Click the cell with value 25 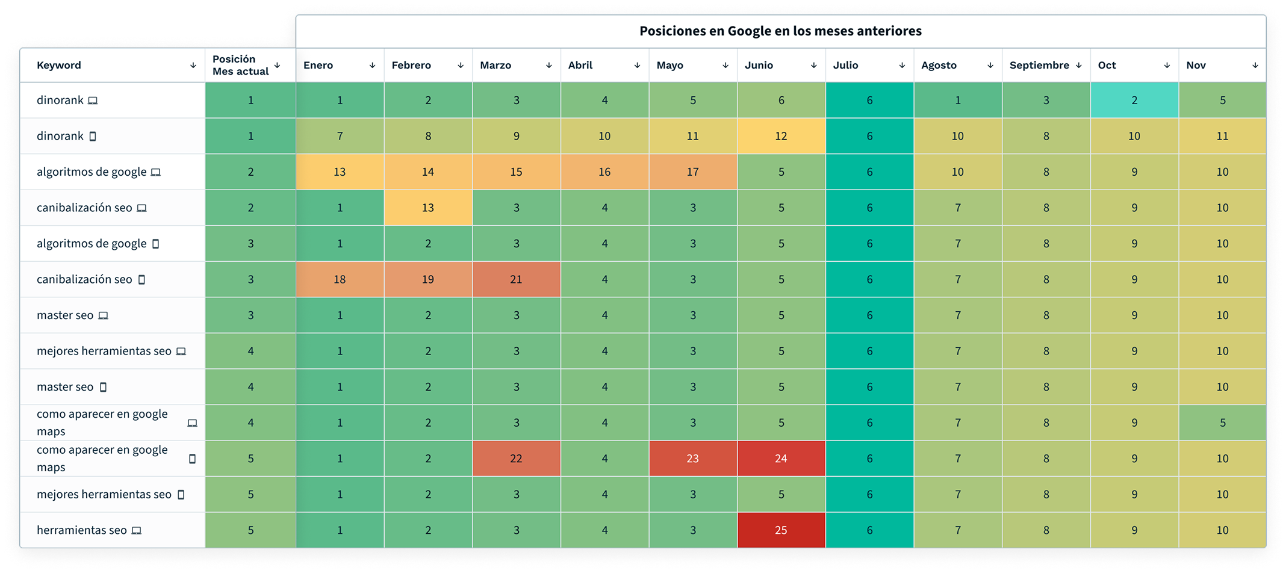click(x=781, y=530)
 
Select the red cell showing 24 click(x=781, y=459)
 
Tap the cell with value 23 click(x=692, y=459)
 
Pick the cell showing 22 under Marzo click(x=516, y=459)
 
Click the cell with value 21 click(x=516, y=279)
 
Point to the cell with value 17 click(x=692, y=172)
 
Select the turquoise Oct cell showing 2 click(x=1134, y=101)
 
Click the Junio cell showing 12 click(x=781, y=136)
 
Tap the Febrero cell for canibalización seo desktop click(x=427, y=208)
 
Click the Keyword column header click(x=59, y=65)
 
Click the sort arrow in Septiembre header click(x=1079, y=65)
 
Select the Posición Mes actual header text click(x=240, y=65)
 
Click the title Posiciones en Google click(x=780, y=31)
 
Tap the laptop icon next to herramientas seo click(x=137, y=530)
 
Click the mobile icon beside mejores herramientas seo click(x=181, y=495)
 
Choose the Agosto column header click(x=939, y=65)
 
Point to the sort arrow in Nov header click(x=1255, y=65)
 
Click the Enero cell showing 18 click(x=340, y=279)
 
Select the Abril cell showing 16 click(x=604, y=172)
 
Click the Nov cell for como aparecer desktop click(x=1222, y=423)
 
